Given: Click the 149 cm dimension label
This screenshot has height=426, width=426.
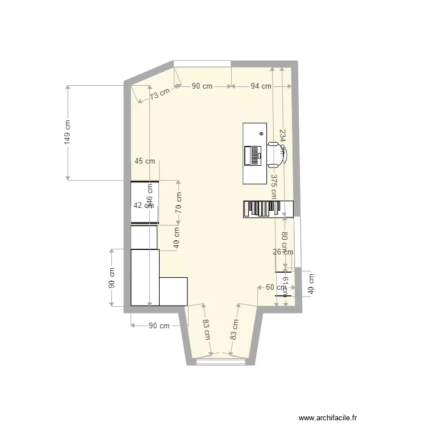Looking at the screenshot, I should pyautogui.click(x=68, y=132).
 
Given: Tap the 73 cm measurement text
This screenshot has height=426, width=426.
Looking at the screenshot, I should pyautogui.click(x=160, y=94).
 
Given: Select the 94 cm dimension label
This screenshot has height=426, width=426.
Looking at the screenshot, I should pyautogui.click(x=261, y=86).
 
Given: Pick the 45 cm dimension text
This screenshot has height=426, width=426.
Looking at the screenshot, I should pyautogui.click(x=145, y=161).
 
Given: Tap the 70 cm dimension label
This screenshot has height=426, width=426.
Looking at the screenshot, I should pyautogui.click(x=178, y=201).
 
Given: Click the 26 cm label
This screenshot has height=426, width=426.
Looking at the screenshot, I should pyautogui.click(x=283, y=252).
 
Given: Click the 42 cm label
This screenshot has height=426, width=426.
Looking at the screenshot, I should pyautogui.click(x=143, y=206).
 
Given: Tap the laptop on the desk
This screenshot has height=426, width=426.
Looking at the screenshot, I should pyautogui.click(x=251, y=155).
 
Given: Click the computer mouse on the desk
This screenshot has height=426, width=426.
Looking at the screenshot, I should pyautogui.click(x=261, y=134).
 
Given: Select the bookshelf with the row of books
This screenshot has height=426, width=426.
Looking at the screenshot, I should pyautogui.click(x=268, y=208).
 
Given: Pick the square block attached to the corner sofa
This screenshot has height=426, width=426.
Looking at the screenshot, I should pyautogui.click(x=173, y=291).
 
